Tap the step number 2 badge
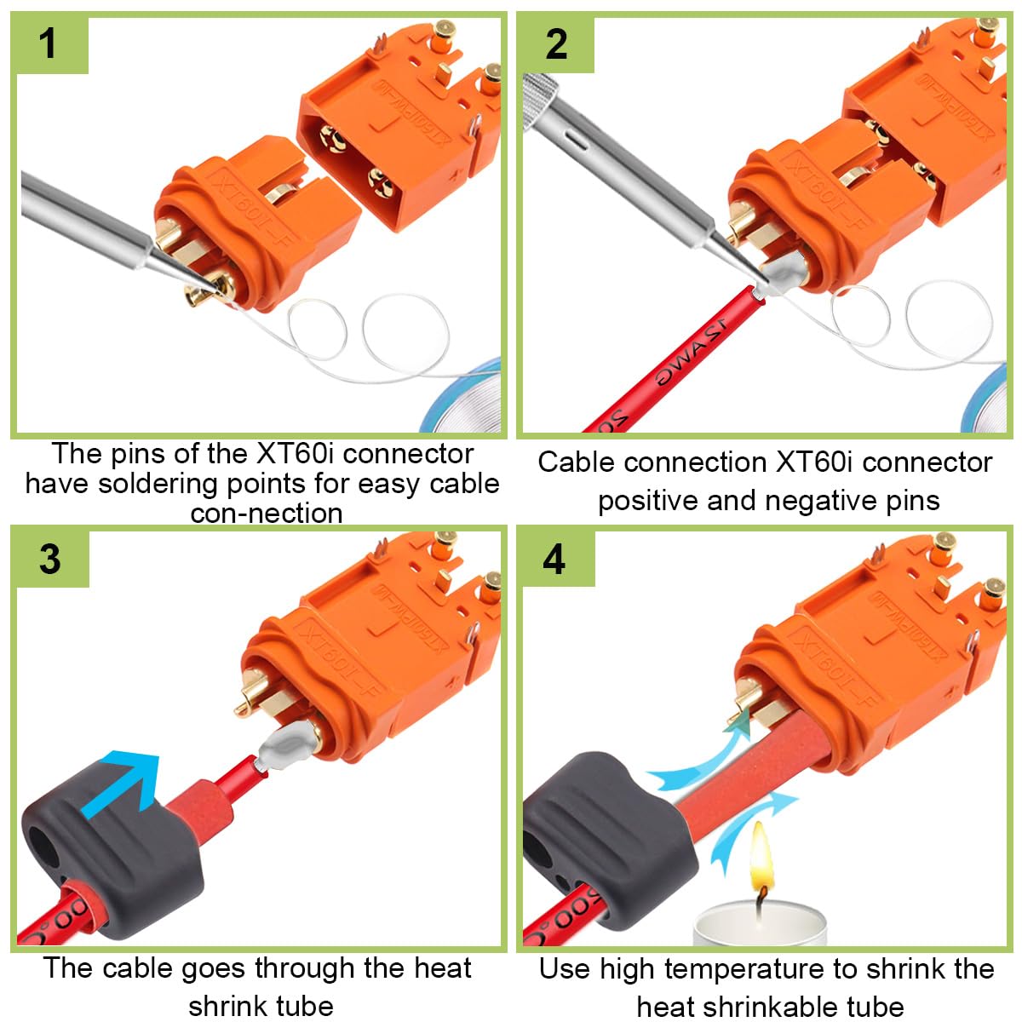[556, 43]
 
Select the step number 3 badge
[50, 559]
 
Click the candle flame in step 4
[760, 854]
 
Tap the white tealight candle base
[760, 926]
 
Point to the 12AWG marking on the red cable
[690, 352]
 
